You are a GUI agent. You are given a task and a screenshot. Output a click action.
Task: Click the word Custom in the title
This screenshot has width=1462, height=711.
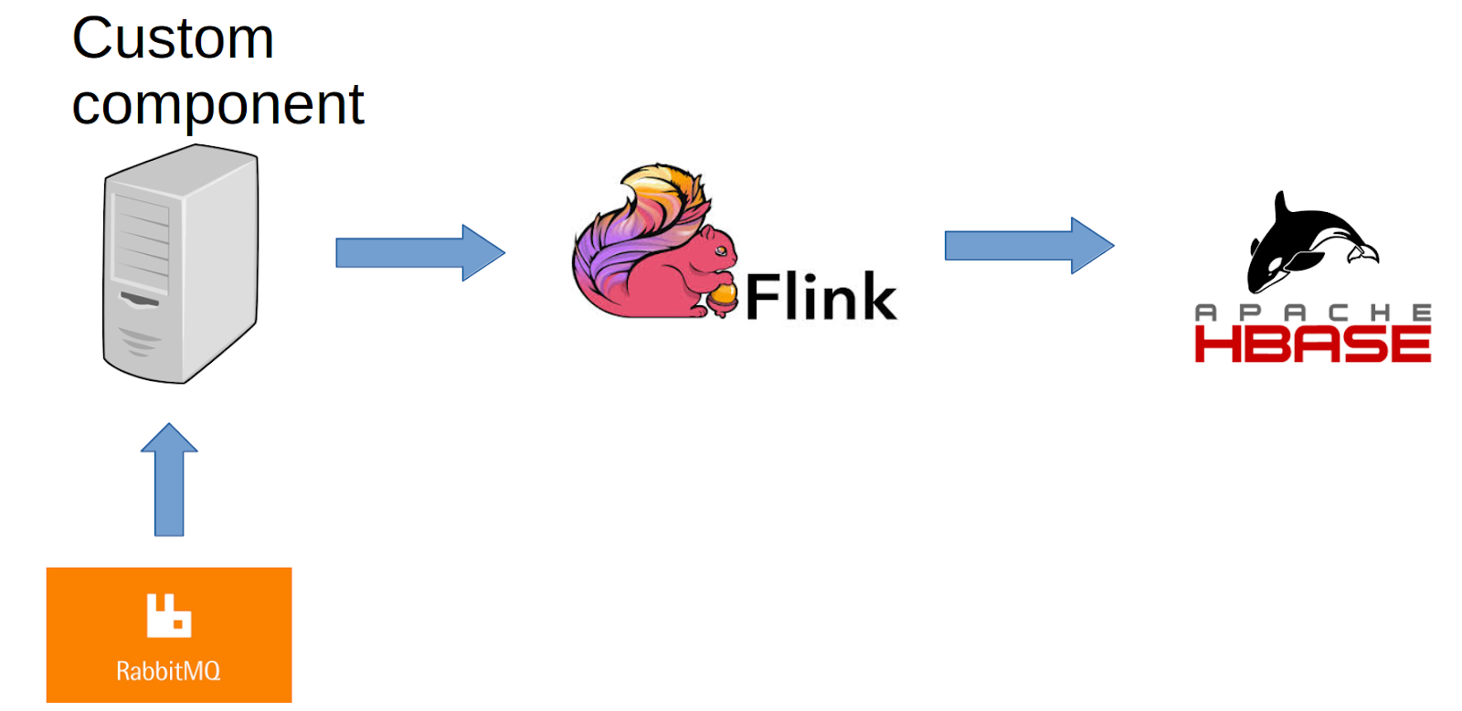[173, 39]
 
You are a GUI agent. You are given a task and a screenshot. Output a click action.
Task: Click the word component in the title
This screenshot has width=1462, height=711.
[217, 105]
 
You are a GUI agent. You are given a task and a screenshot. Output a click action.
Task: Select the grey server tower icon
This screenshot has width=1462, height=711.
[180, 265]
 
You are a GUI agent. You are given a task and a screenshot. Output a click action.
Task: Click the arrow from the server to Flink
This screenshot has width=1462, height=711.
[419, 252]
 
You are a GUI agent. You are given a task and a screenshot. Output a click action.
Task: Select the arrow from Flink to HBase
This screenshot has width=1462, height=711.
[1028, 245]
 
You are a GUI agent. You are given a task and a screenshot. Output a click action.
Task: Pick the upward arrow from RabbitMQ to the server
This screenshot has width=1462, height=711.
[169, 479]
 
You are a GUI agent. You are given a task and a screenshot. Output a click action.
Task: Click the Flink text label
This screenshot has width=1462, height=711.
[821, 297]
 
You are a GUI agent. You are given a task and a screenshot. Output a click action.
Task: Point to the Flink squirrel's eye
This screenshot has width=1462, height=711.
[720, 249]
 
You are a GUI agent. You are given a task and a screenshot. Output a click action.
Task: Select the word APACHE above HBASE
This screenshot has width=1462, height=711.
[1312, 313]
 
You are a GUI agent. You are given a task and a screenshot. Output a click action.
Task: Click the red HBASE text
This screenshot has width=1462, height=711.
[1312, 345]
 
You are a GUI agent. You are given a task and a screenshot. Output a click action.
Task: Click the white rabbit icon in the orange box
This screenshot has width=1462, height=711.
[169, 615]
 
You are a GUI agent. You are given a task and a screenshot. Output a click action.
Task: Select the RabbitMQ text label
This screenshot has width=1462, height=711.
[168, 672]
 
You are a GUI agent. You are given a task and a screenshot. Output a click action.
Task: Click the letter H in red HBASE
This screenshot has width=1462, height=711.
[1216, 345]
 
